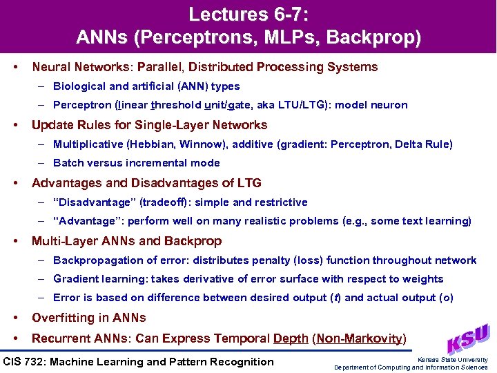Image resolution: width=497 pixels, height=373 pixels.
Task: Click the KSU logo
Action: tap(470, 338)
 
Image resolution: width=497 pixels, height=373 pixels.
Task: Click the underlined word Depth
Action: tap(291, 338)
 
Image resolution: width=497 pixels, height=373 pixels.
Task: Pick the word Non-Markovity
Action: tap(359, 338)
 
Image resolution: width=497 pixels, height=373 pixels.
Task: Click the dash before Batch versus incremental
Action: tap(42, 163)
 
